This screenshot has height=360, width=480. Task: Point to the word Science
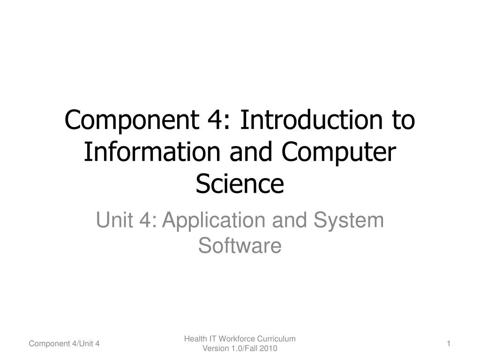tap(240, 184)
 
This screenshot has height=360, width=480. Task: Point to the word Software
tap(240, 246)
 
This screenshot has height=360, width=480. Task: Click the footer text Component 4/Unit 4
tap(64, 345)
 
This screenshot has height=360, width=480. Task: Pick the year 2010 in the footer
tap(269, 349)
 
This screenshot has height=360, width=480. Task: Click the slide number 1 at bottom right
tap(449, 345)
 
